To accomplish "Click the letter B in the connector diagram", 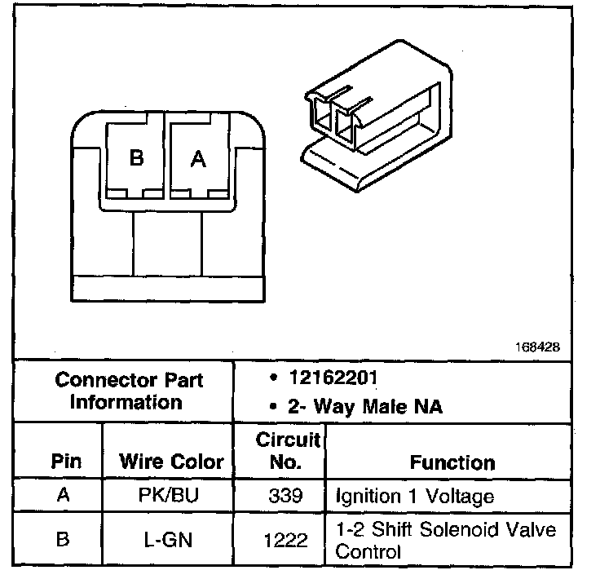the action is [x=137, y=158].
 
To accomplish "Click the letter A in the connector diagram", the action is [x=198, y=159].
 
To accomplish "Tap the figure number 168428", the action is [x=536, y=347].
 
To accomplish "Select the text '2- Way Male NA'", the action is [x=365, y=405].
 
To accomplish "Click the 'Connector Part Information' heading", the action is [x=129, y=391].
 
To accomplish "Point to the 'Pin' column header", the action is [x=66, y=462].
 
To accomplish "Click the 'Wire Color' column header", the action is [x=171, y=462].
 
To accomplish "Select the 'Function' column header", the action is [x=452, y=462].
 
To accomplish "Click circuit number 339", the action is [x=280, y=496].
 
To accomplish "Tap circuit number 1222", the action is [x=280, y=539].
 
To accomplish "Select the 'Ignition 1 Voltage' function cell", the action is [x=414, y=496].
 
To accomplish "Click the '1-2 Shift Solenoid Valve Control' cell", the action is [x=445, y=540].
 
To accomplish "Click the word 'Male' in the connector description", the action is [x=377, y=405].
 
